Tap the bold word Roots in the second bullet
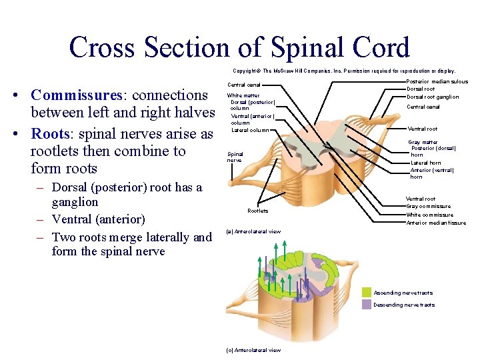(51, 133)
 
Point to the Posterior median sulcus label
(437, 82)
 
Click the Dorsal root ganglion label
(433, 97)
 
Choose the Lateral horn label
(425, 162)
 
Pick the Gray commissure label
(429, 207)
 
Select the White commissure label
(429, 215)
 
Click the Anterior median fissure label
(436, 223)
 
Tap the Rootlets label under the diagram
(257, 211)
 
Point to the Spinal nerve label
(235, 157)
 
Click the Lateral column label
(250, 130)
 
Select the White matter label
(243, 96)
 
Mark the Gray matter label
(423, 142)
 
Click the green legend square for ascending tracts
(366, 292)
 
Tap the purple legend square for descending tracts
(366, 304)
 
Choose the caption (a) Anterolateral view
(253, 231)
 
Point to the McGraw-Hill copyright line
(344, 71)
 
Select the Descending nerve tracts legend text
(404, 305)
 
